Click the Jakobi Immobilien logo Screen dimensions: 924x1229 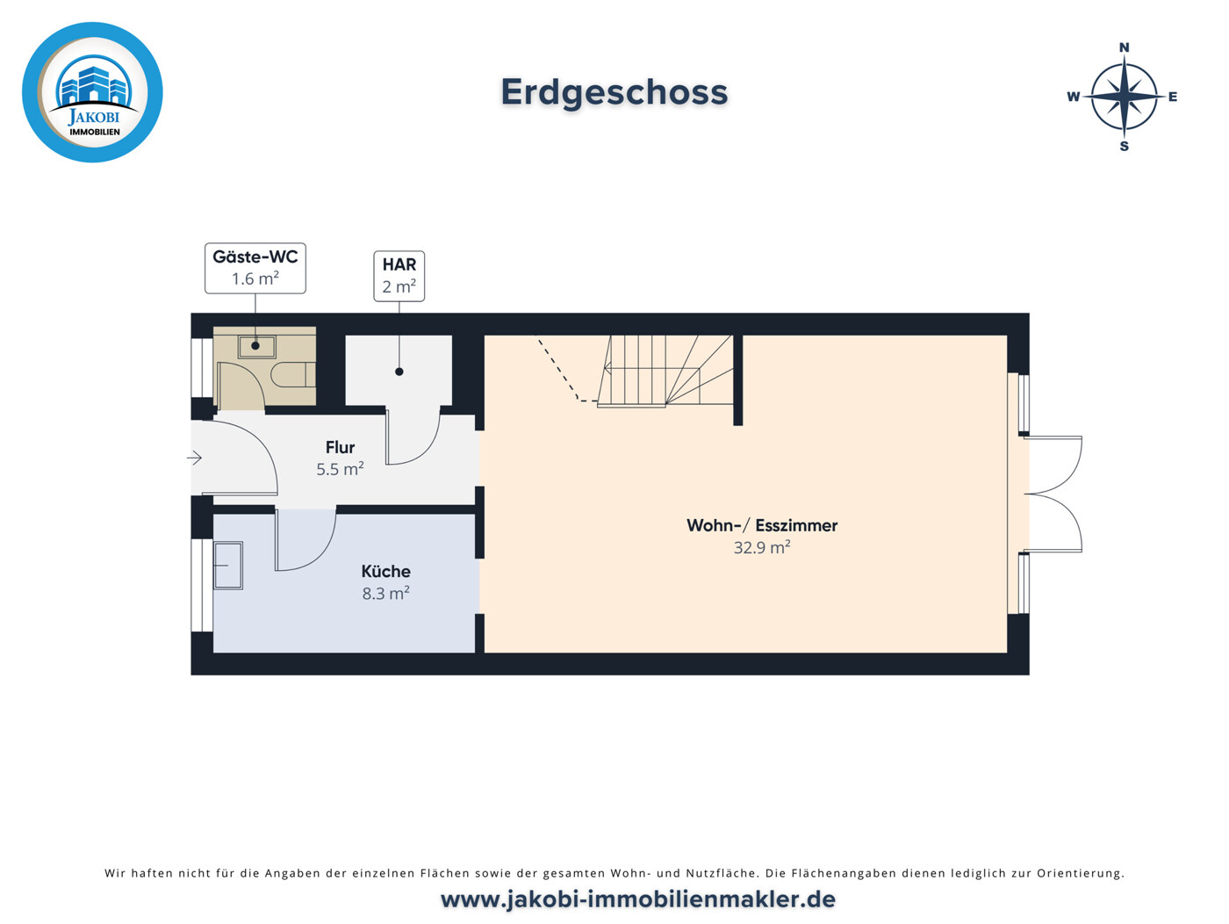pos(92,92)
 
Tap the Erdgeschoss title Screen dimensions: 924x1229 pos(614,92)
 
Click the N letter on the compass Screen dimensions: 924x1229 pos(1124,47)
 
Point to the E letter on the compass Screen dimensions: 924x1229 pos(1173,97)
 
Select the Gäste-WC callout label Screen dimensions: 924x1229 pos(255,268)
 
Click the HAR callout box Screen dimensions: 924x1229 pos(399,276)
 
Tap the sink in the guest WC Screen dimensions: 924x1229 pos(256,346)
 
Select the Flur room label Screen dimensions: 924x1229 pos(340,447)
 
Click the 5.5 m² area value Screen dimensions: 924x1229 pos(340,469)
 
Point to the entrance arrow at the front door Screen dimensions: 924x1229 pos(195,458)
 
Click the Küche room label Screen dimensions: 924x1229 pos(385,571)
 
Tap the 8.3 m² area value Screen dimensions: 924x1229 pos(385,594)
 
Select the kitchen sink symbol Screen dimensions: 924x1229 pos(228,565)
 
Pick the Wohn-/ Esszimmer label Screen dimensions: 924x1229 pos(761,525)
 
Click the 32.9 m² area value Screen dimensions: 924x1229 pos(761,547)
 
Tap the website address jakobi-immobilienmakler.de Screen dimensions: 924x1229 pos(637,899)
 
